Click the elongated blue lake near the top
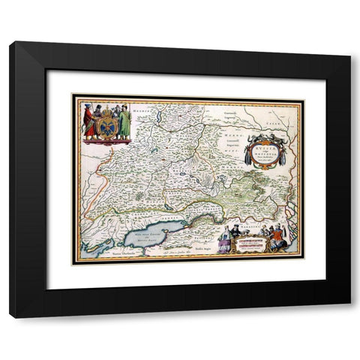pyautogui.click(x=160, y=117)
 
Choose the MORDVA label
pyautogui.click(x=225, y=148)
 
